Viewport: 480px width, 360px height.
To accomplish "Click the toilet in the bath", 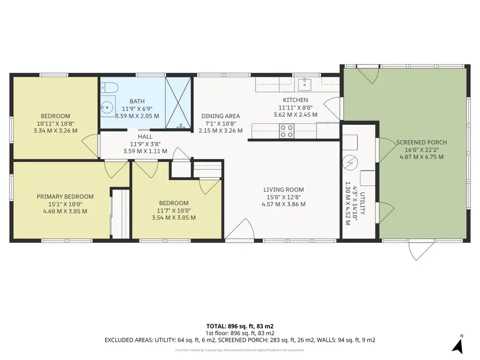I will click(107, 87).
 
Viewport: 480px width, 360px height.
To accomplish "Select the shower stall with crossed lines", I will click(178, 102).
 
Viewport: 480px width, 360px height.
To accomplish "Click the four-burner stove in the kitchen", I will click(287, 130).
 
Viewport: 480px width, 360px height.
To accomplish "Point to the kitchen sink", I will click(307, 83).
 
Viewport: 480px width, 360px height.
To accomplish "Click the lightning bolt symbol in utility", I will click(351, 160).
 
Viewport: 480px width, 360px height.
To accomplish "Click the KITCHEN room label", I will click(295, 100).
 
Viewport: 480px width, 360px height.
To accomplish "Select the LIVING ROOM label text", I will click(283, 189).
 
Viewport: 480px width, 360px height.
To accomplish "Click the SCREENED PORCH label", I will click(421, 142).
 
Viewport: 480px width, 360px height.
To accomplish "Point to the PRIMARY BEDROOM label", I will click(65, 196).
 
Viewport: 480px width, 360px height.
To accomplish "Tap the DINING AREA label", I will click(220, 116).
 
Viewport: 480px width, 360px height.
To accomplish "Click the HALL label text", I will click(145, 137).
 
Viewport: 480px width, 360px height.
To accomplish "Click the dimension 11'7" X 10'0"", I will click(173, 210).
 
